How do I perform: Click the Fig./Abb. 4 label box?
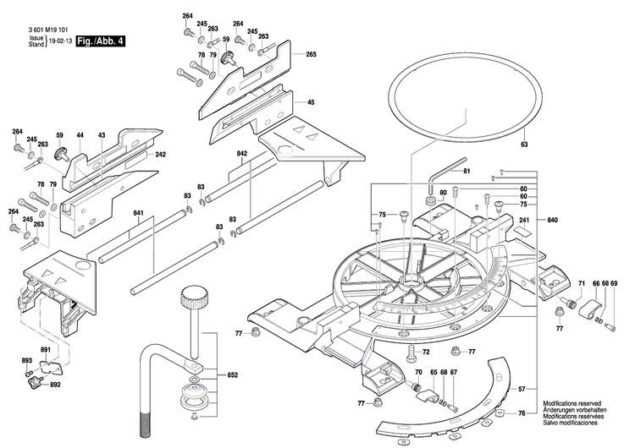click(99, 41)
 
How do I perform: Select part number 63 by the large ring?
click(524, 145)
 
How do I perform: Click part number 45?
click(311, 102)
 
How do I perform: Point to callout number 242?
click(161, 155)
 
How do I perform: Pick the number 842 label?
click(242, 154)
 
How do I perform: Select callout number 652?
click(233, 374)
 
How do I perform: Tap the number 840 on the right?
click(553, 220)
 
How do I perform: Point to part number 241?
click(523, 221)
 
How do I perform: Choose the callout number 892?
click(55, 385)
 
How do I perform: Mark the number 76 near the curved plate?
click(522, 413)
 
